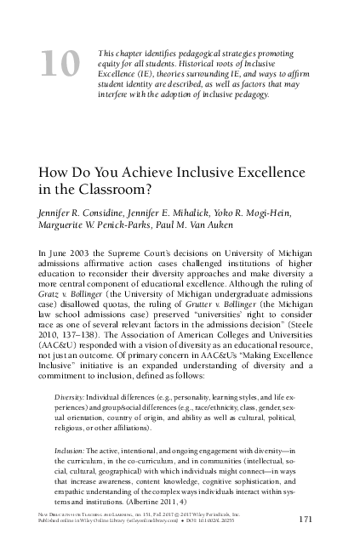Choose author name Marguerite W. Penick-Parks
(x=94, y=224)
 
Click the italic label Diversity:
(x=71, y=397)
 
